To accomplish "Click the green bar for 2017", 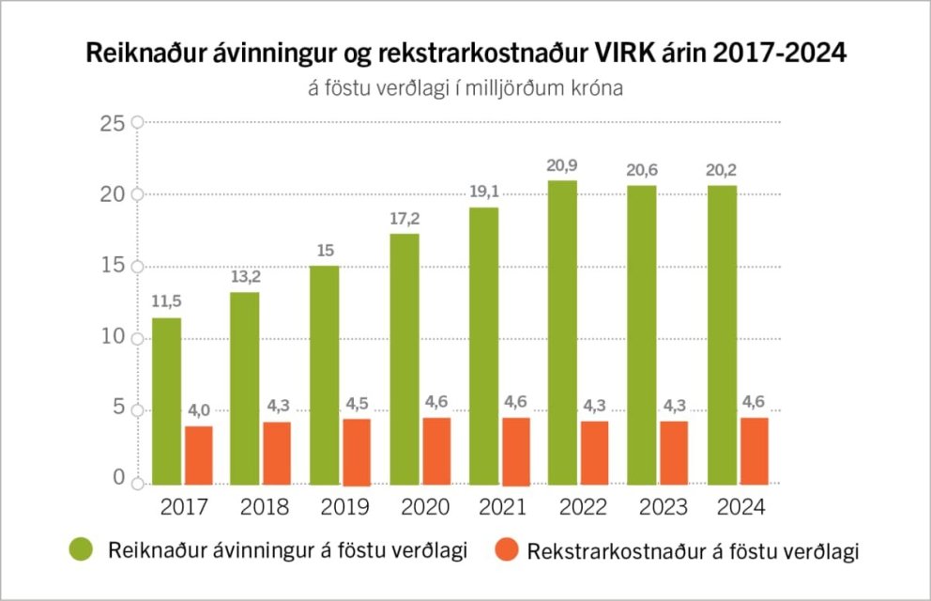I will [167, 401].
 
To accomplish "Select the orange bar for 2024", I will [754, 451].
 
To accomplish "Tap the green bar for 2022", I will [562, 332].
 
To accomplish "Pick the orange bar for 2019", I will [356, 451].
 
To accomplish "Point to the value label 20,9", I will [562, 165].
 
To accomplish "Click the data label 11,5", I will [167, 302].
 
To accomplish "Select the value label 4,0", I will [199, 409].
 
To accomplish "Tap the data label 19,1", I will [483, 192].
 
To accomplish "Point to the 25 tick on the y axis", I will [113, 123].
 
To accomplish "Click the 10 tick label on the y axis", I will [113, 337].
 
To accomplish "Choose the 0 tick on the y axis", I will [119, 479].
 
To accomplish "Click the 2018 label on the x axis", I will [265, 508].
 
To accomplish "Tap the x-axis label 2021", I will [505, 508].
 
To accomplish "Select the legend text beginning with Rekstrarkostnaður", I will [693, 551].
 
